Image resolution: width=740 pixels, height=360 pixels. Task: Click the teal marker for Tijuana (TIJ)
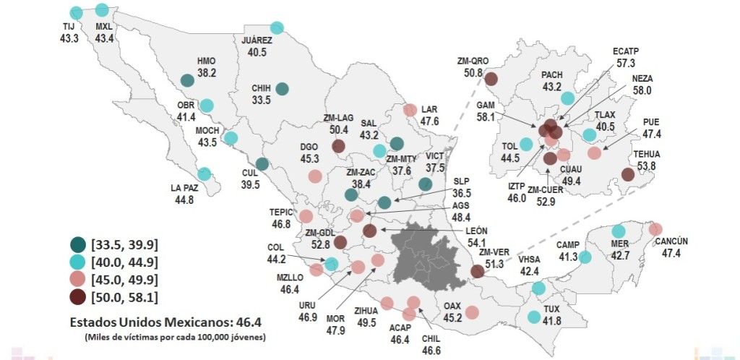point(76,12)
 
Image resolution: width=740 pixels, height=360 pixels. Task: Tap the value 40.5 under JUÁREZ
point(257,53)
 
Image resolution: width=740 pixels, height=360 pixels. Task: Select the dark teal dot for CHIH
point(282,89)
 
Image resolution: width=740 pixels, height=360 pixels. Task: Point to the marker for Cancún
point(655,229)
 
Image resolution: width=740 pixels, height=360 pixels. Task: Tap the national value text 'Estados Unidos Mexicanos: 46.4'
point(167,323)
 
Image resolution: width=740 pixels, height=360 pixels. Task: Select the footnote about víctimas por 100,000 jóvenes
point(174,338)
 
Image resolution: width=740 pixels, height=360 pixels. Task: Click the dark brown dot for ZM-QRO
point(491,79)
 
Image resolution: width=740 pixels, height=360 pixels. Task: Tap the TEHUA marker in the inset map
point(627,174)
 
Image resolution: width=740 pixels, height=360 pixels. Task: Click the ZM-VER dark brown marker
point(477,271)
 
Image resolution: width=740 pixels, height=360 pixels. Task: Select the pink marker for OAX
point(472,312)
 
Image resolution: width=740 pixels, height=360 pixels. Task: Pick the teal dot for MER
point(619,231)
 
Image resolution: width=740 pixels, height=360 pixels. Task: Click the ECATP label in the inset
point(626,51)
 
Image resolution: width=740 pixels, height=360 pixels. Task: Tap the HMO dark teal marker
point(186,81)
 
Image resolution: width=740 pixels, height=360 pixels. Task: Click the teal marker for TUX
point(534,317)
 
